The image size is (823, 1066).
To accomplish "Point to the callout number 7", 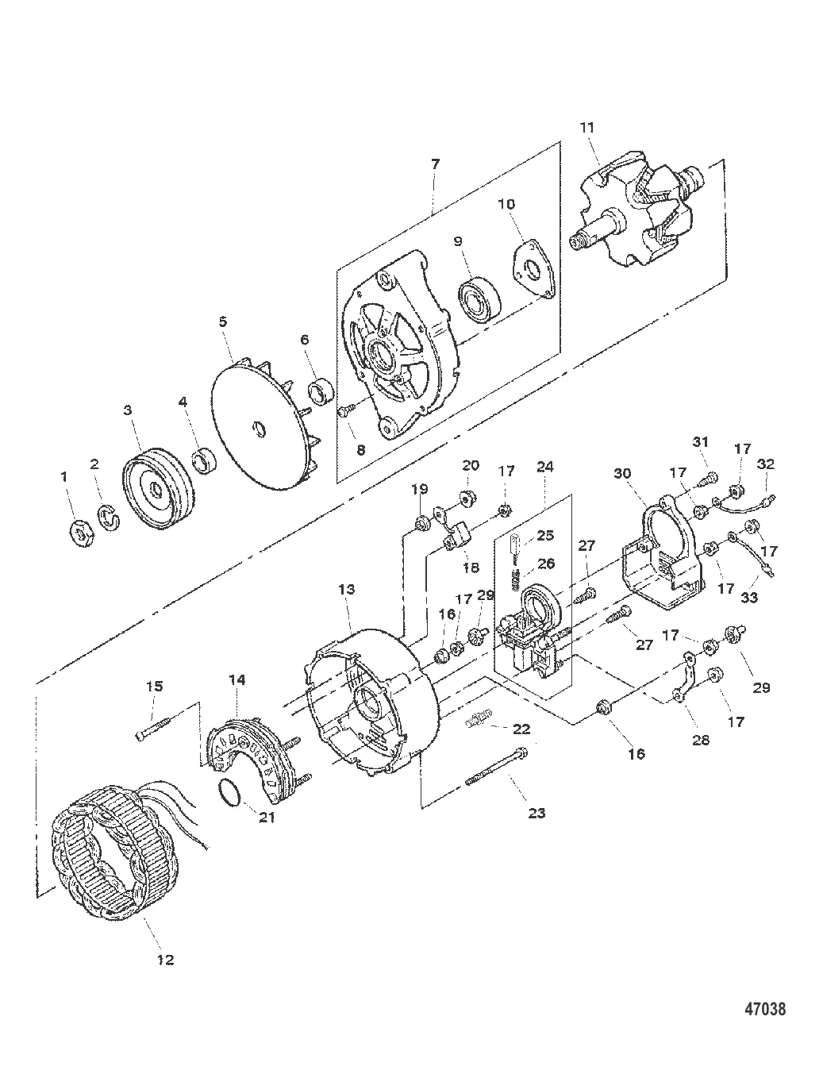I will pyautogui.click(x=435, y=164).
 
